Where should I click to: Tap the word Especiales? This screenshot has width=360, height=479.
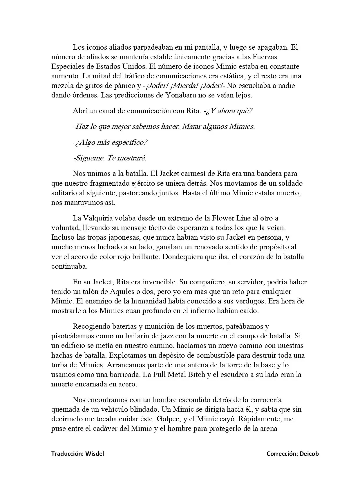click(68, 66)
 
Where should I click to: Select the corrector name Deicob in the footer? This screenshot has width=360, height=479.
click(310, 454)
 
